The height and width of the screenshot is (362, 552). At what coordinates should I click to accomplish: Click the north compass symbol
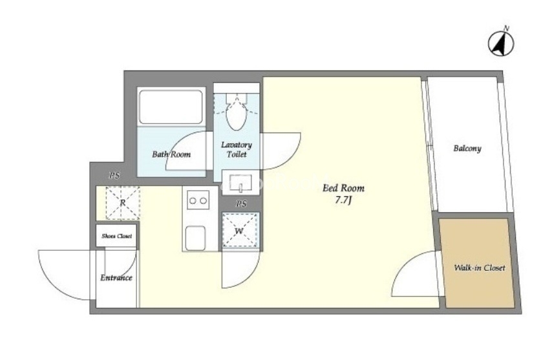tap(501, 43)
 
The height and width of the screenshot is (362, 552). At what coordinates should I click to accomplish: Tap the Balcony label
tap(467, 148)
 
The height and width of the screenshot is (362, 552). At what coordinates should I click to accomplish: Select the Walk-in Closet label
tap(480, 268)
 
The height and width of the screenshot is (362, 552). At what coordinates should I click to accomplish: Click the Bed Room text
tap(343, 188)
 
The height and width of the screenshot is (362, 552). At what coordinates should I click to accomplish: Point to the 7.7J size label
tap(344, 200)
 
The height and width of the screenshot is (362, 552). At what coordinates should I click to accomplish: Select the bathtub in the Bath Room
tap(171, 107)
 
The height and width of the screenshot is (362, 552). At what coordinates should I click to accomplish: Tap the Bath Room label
tap(171, 154)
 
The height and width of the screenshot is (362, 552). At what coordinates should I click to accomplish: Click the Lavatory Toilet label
tap(237, 149)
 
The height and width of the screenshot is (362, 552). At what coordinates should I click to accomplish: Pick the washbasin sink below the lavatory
tap(241, 182)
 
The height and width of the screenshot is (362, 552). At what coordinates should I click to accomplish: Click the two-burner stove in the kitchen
tap(198, 200)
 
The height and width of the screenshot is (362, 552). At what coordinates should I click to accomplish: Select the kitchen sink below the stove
tap(195, 238)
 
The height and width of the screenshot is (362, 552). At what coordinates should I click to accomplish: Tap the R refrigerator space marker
tap(123, 203)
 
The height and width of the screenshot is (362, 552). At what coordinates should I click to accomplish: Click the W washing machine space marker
tap(240, 231)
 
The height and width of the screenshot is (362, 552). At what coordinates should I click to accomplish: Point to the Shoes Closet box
tap(116, 236)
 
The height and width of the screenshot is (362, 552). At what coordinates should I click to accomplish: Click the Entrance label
tap(116, 278)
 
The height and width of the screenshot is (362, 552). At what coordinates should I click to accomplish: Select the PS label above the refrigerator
tap(114, 175)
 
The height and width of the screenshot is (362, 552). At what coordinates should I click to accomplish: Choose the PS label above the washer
tap(241, 204)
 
